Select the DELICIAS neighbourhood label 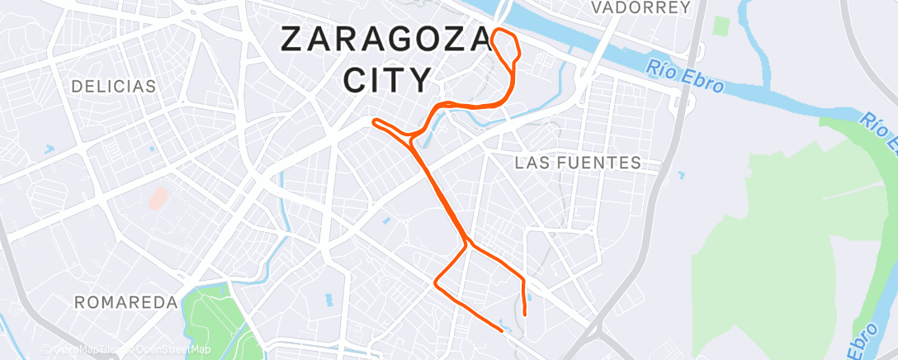tap(113, 86)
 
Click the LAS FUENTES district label tap(578, 163)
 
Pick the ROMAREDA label tap(125, 302)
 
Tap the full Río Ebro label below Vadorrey tap(686, 75)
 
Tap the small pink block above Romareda tap(156, 199)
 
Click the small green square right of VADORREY tap(723, 26)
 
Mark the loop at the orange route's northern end tap(507, 45)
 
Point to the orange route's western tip tap(376, 122)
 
